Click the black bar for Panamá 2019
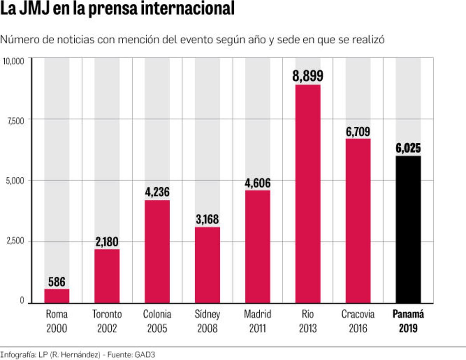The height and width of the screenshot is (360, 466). point(408,229)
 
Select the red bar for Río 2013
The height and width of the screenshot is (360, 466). point(308,194)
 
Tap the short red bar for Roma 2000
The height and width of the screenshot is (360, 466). point(57,296)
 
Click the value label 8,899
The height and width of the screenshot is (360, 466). point(308,76)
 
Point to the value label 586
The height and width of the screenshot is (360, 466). point(57,282)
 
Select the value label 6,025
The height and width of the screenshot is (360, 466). point(408,149)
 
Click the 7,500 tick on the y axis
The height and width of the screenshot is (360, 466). point(15,121)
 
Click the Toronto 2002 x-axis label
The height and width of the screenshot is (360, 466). point(107,321)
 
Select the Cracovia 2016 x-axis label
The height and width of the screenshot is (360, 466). point(358,321)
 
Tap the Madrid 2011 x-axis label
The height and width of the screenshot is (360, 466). point(257,321)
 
